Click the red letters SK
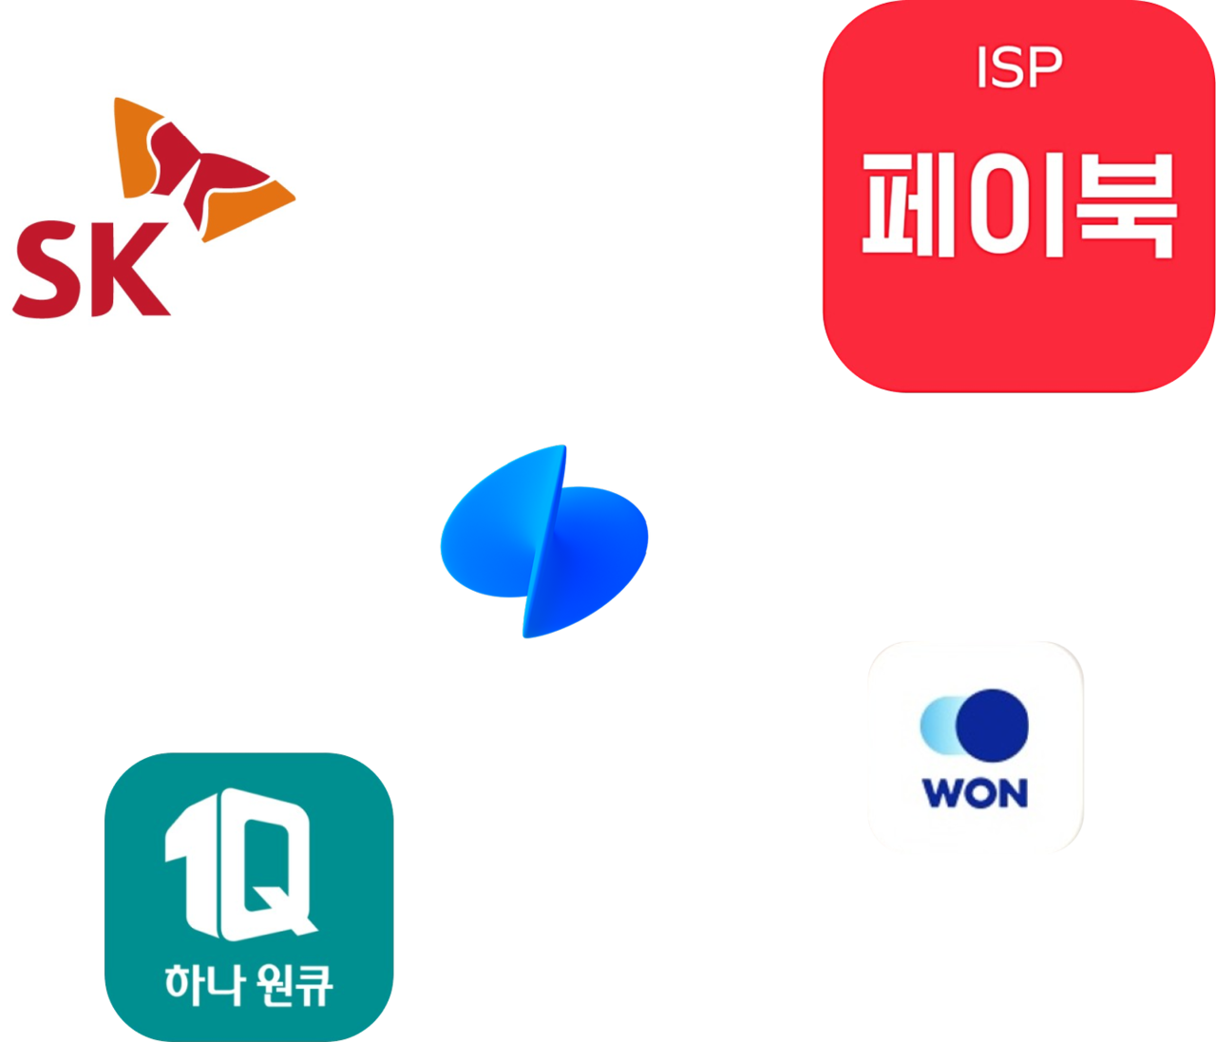92,272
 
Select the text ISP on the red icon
1018,68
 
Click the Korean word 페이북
1018,204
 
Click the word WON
975,793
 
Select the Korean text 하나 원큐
249,983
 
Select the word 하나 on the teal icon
196,983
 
